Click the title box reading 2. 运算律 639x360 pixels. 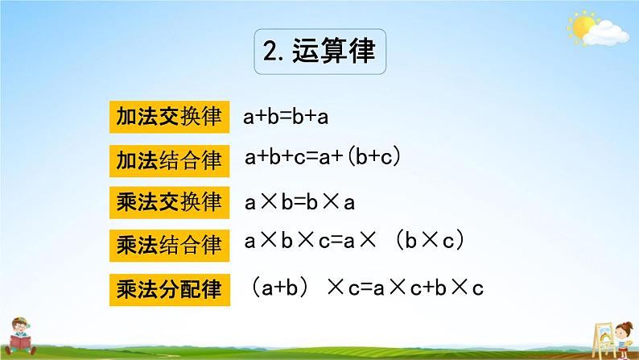pyautogui.click(x=319, y=53)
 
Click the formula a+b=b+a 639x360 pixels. pyautogui.click(x=286, y=118)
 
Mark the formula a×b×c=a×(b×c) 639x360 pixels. pyautogui.click(x=355, y=242)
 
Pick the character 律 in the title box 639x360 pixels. pyautogui.click(x=361, y=53)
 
